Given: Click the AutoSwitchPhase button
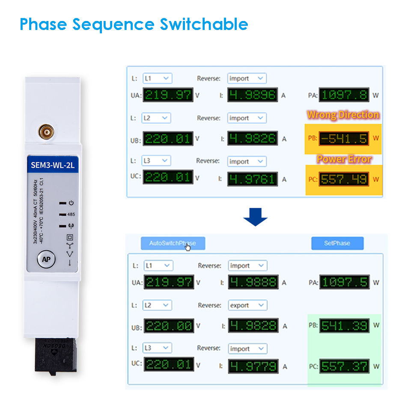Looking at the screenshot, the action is click(x=173, y=243).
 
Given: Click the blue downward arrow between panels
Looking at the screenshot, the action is click(x=255, y=217).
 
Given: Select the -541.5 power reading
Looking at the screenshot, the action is click(x=344, y=138).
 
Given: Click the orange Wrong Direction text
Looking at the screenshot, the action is click(x=343, y=115).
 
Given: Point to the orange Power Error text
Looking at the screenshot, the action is click(x=344, y=159).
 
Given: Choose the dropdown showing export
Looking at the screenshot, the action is click(x=247, y=305).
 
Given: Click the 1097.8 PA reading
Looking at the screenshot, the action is click(x=344, y=95).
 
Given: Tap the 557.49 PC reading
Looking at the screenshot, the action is click(x=344, y=179).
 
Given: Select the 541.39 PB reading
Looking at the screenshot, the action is click(x=344, y=326).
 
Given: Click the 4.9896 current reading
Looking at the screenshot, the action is click(x=252, y=95).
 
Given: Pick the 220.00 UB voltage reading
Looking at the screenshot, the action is click(x=168, y=326).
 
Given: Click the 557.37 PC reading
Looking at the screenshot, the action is click(x=344, y=366).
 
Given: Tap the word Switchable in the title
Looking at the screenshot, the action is click(x=204, y=24).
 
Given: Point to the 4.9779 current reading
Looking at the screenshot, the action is click(x=253, y=366).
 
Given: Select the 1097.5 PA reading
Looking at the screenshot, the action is click(x=344, y=283).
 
